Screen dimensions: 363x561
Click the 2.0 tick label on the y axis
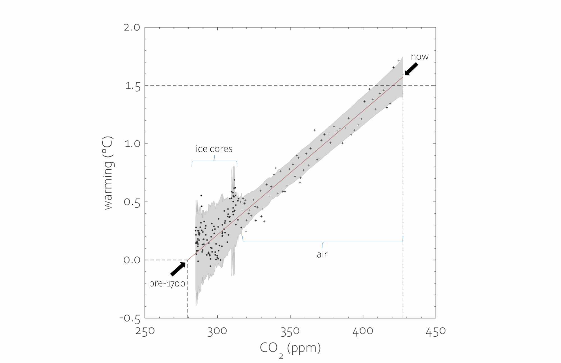coord(132,27)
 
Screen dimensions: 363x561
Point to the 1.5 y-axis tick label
coord(133,86)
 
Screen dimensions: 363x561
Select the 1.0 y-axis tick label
coord(132,144)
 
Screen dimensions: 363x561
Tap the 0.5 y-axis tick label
coord(132,202)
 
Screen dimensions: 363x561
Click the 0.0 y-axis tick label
coord(132,260)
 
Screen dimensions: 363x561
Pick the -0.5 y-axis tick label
coord(130,318)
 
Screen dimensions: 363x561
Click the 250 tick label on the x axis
coord(145,331)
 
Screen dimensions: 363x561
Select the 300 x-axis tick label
coord(217,331)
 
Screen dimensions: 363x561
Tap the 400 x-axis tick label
coord(363,331)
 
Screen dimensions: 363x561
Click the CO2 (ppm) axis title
coord(290,348)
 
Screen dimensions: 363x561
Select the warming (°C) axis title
coord(108,173)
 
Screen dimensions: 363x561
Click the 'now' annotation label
coord(420,57)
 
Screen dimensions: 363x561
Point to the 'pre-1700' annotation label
coord(167,283)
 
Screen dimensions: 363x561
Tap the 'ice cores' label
coord(214,149)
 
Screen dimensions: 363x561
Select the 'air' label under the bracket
coord(322,254)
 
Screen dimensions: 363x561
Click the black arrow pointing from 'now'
coord(411,69)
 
